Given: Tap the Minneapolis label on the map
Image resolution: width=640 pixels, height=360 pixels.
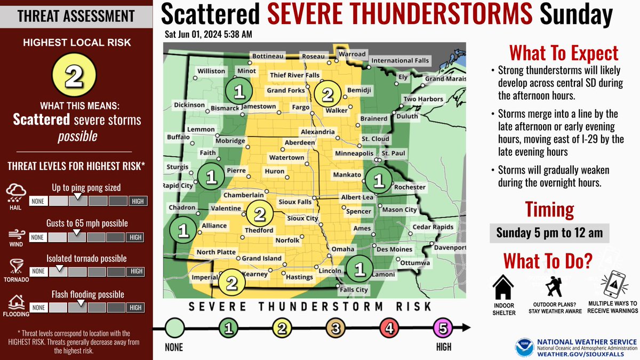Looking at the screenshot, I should [354, 154].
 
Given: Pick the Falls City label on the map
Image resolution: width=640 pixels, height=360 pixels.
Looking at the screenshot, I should [354, 290].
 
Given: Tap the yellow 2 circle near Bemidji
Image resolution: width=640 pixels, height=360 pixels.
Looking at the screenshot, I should [327, 94].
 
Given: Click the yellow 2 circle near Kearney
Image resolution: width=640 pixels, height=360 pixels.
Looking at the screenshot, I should [231, 282].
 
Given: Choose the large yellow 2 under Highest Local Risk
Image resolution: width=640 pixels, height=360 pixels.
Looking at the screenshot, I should [74, 77].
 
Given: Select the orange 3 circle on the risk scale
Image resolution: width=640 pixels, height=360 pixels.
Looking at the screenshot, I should [335, 329].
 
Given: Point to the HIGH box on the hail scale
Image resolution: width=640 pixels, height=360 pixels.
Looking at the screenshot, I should [136, 201].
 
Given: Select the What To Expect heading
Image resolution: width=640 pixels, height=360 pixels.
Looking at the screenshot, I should [564, 53].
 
